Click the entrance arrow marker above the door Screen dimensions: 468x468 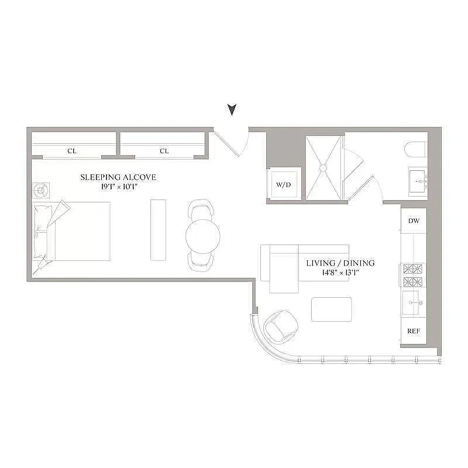tap(232, 109)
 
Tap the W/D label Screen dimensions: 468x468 tap(283, 185)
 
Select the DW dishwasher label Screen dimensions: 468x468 tap(414, 221)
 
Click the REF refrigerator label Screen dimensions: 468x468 tap(414, 331)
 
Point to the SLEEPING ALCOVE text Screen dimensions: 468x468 tap(118, 177)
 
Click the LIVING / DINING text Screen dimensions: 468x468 tap(340, 263)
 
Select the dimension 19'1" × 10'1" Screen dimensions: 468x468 tap(118, 187)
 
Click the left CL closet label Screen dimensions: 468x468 tap(72, 151)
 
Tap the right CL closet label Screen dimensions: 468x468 tap(164, 151)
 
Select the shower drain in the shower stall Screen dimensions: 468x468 tap(322, 167)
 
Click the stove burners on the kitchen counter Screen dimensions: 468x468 tap(414, 276)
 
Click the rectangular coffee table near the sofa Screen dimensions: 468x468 tap(332, 309)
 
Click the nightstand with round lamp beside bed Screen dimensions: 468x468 tap(41, 191)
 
